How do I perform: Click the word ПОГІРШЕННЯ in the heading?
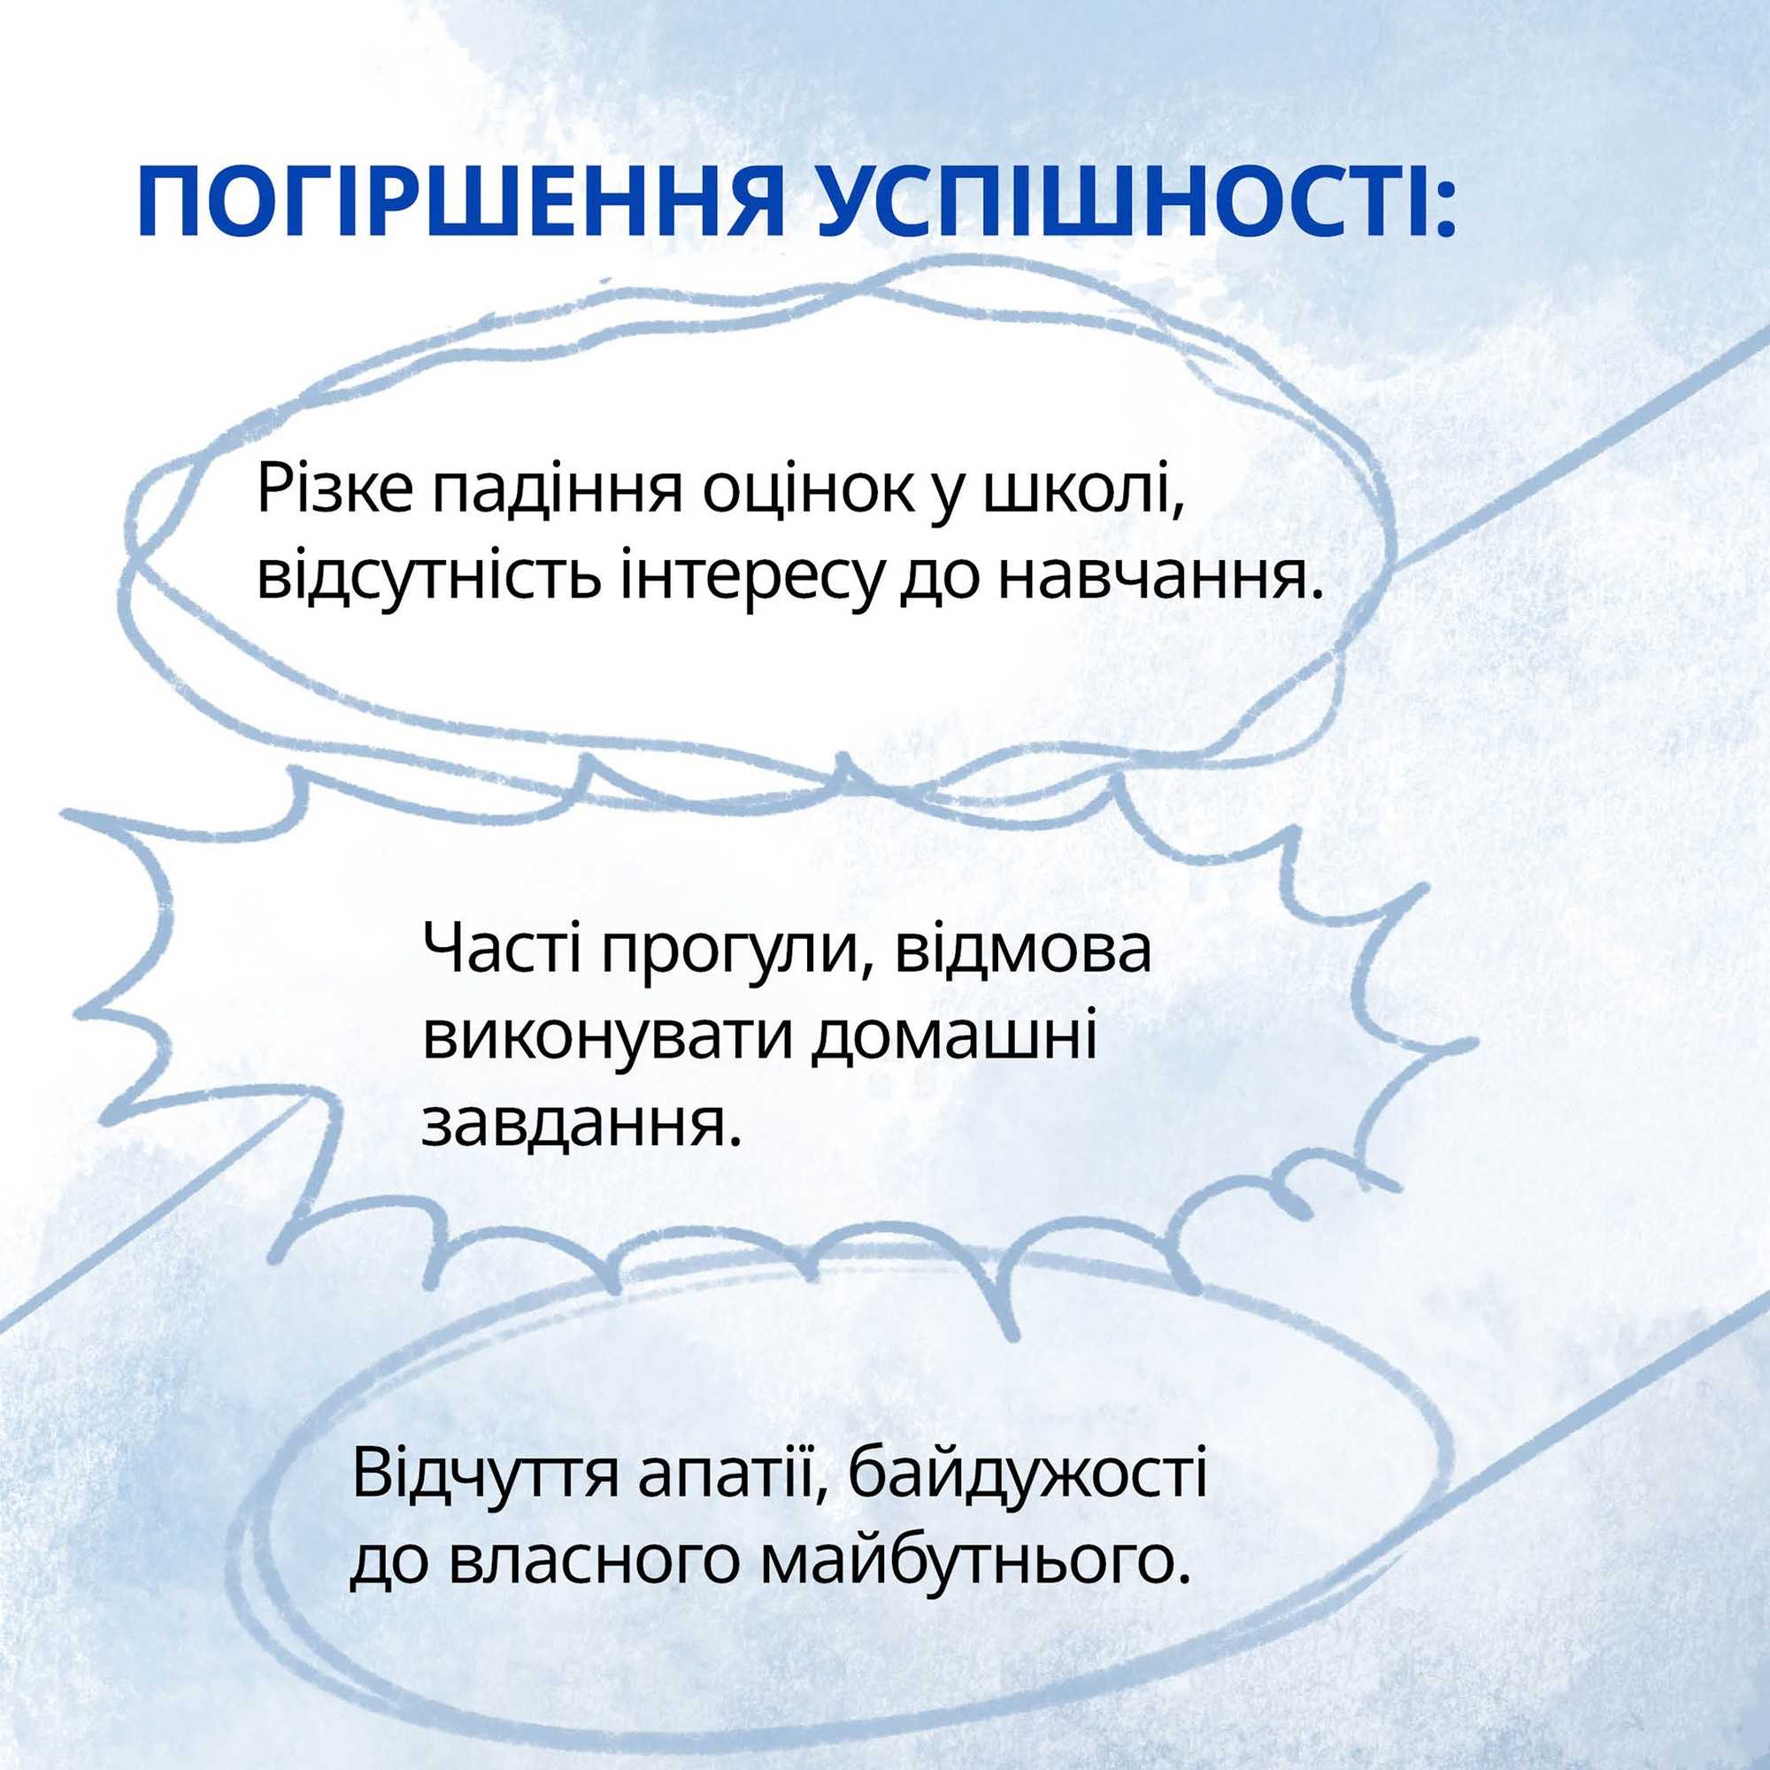[x=461, y=202]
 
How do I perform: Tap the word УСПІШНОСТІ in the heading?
[x=1134, y=202]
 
